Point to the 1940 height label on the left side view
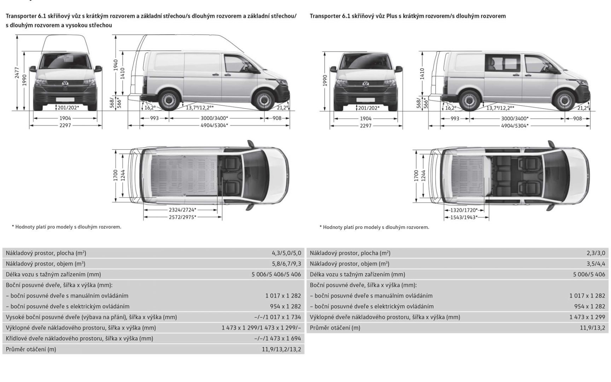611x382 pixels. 116,65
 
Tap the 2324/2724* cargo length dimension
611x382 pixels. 182,210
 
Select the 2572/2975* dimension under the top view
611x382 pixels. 182,217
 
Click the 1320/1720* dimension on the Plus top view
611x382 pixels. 464,210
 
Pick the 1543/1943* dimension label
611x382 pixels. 464,218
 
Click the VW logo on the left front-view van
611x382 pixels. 65,84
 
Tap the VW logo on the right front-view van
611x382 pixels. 366,84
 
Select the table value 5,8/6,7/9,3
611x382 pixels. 286,264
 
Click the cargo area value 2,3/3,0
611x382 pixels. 596,253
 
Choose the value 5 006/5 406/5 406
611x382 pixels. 276,274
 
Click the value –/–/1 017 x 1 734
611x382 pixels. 278,317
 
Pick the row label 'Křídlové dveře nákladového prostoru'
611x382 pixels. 79,338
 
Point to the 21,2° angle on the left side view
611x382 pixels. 282,108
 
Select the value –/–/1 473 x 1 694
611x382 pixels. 278,338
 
